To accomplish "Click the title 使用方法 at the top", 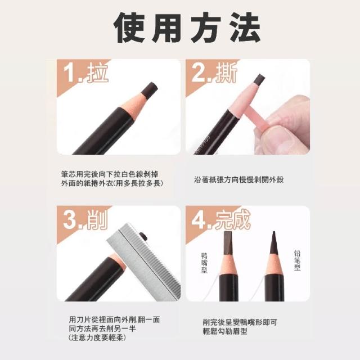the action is pyautogui.click(x=187, y=28).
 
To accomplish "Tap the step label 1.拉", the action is pyautogui.click(x=85, y=73).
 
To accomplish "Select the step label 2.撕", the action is pyautogui.click(x=214, y=73).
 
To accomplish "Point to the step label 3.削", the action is pyautogui.click(x=85, y=219).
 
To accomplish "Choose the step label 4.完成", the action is pyautogui.click(x=220, y=219).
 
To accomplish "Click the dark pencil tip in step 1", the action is pyautogui.click(x=149, y=90).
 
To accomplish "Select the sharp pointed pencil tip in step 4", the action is pyautogui.click(x=274, y=242).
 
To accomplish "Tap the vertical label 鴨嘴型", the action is pyautogui.click(x=204, y=263).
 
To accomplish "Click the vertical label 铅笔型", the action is pyautogui.click(x=297, y=260).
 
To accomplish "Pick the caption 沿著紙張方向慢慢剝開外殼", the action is pyautogui.click(x=238, y=179).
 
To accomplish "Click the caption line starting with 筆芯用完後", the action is pyautogui.click(x=110, y=174).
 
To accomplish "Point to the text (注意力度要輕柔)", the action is pyautogui.click(x=97, y=337).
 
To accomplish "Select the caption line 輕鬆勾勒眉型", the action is pyautogui.click(x=225, y=331).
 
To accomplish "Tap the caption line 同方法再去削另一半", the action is pyautogui.click(x=102, y=328).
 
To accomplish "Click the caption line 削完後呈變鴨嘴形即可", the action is pyautogui.click(x=240, y=322).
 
